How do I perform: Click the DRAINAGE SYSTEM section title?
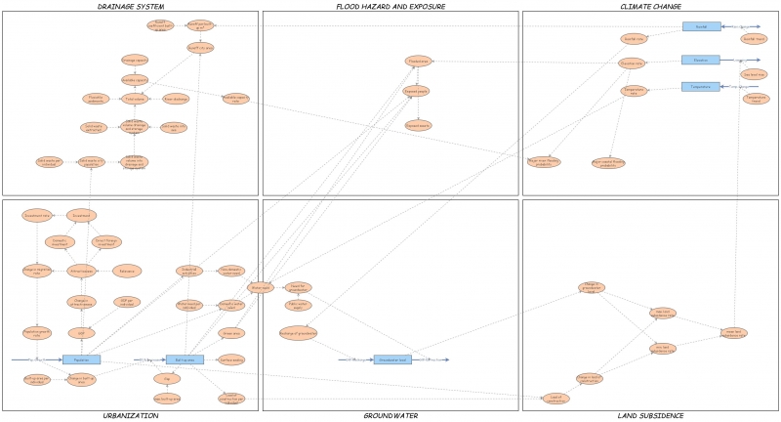click(x=130, y=7)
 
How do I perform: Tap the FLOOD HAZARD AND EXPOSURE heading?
click(x=390, y=7)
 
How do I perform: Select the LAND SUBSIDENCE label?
click(x=650, y=415)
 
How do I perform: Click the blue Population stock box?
click(x=81, y=359)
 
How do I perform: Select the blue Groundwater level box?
click(x=392, y=359)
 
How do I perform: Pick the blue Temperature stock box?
click(x=700, y=86)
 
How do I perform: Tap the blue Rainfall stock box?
click(x=701, y=26)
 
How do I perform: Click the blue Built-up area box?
click(x=185, y=359)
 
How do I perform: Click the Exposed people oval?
click(x=417, y=91)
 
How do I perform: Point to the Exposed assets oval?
click(x=418, y=125)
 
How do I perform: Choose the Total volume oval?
click(x=135, y=99)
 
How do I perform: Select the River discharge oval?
click(x=176, y=99)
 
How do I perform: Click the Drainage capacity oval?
click(x=135, y=60)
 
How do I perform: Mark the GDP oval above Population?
click(x=81, y=333)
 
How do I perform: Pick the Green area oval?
click(x=231, y=333)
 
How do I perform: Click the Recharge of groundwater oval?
click(x=299, y=333)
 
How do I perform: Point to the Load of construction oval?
click(x=556, y=399)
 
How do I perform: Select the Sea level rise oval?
click(x=754, y=74)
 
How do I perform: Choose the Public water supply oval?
click(x=299, y=305)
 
